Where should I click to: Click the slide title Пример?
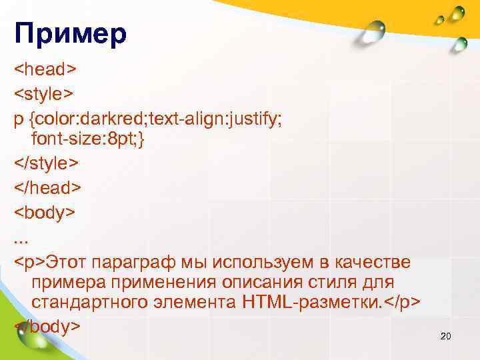[x=70, y=35]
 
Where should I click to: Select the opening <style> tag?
[x=45, y=94]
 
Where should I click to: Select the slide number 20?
[x=446, y=336]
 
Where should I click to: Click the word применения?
[x=153, y=283]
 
